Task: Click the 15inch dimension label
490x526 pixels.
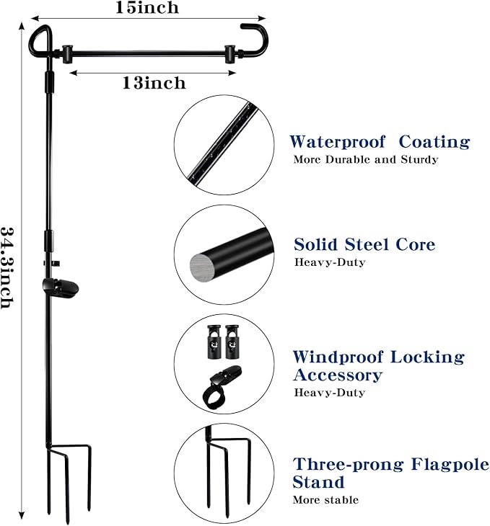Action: tap(147, 7)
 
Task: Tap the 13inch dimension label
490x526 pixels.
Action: tap(154, 83)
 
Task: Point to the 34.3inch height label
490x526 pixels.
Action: tap(7, 268)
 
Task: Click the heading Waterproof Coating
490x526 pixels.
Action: tap(380, 142)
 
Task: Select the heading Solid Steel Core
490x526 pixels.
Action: tap(364, 244)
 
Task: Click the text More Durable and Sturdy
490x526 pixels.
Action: tap(366, 159)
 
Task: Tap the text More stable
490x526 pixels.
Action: tap(325, 500)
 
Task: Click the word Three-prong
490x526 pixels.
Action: tap(348, 465)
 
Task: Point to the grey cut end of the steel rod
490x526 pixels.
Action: tap(204, 267)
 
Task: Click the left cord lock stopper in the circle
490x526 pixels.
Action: tap(214, 342)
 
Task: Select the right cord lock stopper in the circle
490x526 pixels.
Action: tap(232, 342)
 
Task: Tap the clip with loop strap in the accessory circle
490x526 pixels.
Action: tap(222, 388)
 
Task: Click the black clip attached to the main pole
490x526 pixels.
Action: tap(61, 287)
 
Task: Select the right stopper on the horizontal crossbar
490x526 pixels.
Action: tap(229, 53)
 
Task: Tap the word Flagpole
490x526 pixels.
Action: tap(450, 465)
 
